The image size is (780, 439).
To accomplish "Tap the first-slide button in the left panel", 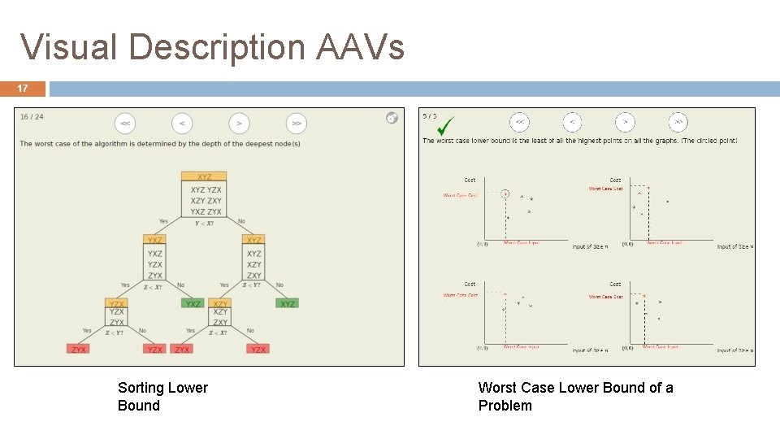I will click(124, 124).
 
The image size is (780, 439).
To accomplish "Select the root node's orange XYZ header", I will click(204, 176).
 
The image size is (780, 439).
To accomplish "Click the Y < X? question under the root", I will click(204, 224).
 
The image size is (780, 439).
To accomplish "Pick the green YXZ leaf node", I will click(193, 304).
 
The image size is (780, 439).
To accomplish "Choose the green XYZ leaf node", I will click(287, 304).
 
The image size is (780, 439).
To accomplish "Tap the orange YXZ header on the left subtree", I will click(154, 240).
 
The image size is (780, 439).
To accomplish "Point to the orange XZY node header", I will click(220, 304).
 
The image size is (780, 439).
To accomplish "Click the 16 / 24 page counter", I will click(32, 117).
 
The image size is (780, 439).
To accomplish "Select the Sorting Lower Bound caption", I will click(162, 397).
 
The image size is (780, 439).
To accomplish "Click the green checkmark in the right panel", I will click(445, 126).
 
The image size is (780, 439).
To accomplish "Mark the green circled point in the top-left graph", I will click(505, 194).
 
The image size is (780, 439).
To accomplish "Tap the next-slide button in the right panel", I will click(625, 123).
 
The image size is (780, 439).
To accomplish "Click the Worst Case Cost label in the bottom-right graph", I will click(606, 297).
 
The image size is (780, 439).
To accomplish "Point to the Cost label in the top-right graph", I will click(615, 180).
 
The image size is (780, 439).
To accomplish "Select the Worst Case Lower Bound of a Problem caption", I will click(575, 397).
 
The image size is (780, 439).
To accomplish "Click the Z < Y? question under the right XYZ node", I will click(251, 285).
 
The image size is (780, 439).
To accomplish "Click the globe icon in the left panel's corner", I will click(392, 118).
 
